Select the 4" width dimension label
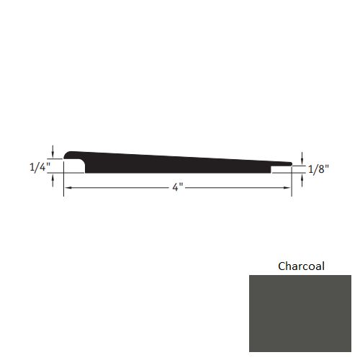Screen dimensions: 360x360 pos(178,188)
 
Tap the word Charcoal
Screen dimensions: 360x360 pos(301,266)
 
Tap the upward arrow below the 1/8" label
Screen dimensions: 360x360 pos(302,179)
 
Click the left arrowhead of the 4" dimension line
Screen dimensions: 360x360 pos(68,188)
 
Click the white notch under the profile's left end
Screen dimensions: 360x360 pos(74,167)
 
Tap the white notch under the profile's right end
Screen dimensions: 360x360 pos(281,170)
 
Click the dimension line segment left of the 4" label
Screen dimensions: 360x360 pos(119,188)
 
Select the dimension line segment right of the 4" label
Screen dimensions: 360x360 pos(238,188)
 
